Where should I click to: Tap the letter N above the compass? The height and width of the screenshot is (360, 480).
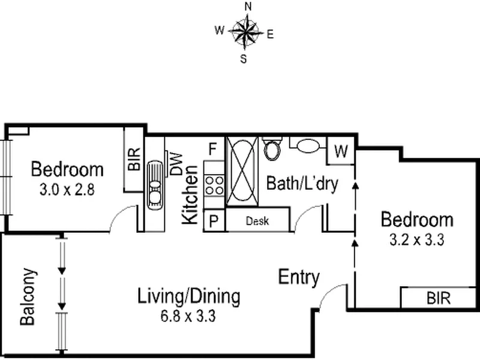click(247, 6)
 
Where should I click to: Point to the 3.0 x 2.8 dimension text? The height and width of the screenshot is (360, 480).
click(67, 191)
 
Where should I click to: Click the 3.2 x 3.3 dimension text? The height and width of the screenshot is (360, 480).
click(416, 241)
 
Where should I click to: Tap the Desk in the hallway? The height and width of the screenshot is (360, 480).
click(257, 221)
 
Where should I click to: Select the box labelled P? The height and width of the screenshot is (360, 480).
click(213, 221)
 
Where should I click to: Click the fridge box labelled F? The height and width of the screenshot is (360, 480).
click(212, 148)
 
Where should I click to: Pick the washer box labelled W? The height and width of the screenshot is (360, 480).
click(341, 152)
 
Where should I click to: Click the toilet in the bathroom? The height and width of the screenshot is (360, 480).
click(273, 148)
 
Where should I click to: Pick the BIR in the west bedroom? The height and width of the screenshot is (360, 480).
click(134, 160)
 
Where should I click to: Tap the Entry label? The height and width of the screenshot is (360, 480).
click(299, 277)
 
